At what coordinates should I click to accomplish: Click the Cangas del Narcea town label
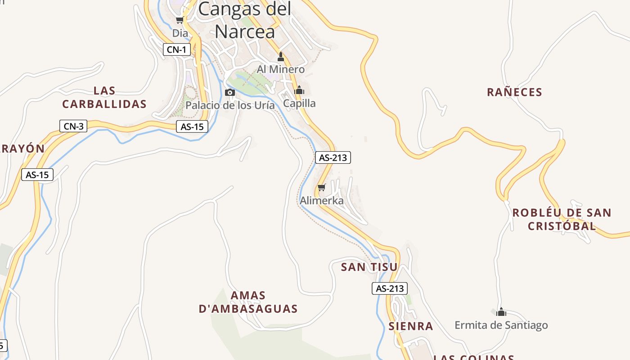(x=244, y=20)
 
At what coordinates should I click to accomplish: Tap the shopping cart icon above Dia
(x=180, y=20)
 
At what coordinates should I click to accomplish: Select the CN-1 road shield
(x=176, y=49)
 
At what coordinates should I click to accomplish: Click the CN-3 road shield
(x=73, y=126)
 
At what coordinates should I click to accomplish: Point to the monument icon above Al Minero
(x=281, y=57)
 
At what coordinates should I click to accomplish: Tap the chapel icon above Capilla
(x=299, y=90)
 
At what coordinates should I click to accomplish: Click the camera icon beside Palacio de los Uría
(x=229, y=93)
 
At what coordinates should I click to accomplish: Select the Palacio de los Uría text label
(x=230, y=105)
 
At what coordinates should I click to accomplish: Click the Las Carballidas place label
(x=104, y=97)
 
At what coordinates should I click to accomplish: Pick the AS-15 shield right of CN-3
(x=192, y=127)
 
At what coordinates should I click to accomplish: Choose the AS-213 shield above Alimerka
(x=333, y=157)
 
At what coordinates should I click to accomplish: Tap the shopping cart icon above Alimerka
(x=321, y=187)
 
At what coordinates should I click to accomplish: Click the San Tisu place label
(x=369, y=267)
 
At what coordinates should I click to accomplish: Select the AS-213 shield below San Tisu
(x=390, y=288)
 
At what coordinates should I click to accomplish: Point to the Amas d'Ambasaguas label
(x=248, y=302)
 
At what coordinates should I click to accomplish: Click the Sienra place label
(x=410, y=326)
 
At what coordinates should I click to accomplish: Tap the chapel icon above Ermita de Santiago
(x=501, y=312)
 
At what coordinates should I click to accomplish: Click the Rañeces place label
(x=514, y=92)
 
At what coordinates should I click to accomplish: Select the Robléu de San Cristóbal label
(x=562, y=219)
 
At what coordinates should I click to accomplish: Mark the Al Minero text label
(x=281, y=70)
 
